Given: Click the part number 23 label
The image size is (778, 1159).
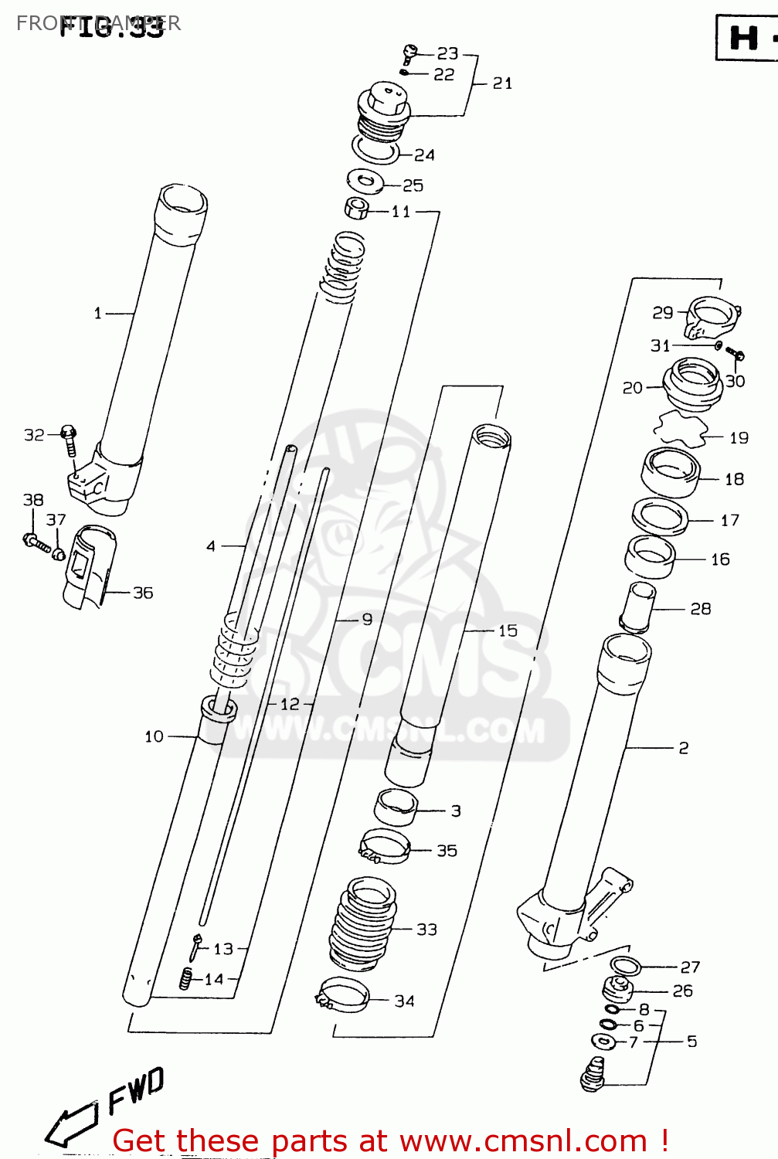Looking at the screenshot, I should click(447, 53).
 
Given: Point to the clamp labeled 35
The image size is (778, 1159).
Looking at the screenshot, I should click(384, 847).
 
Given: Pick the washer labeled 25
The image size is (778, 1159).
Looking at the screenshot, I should click(365, 182).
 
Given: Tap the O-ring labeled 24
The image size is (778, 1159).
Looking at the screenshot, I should click(375, 150).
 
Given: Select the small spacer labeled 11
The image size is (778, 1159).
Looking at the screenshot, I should click(355, 209).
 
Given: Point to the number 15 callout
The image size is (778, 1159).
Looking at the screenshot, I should click(507, 630).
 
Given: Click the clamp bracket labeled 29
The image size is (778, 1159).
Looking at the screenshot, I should click(712, 317).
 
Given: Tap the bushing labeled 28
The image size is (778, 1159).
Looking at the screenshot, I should click(637, 607).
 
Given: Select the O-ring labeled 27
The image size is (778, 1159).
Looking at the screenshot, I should click(625, 965).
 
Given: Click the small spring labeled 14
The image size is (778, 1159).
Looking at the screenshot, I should click(185, 978).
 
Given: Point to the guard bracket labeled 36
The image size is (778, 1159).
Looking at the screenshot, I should click(87, 567).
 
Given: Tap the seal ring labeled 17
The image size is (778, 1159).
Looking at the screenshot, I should click(660, 516).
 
